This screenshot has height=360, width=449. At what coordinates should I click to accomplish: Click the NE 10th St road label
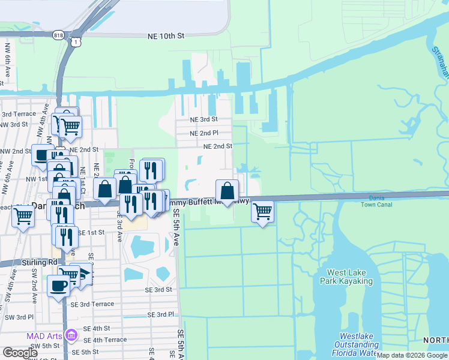tap(166, 37)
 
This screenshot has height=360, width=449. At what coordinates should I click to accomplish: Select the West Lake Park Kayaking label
tap(350, 277)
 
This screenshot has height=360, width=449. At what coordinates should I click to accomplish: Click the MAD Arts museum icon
tap(71, 334)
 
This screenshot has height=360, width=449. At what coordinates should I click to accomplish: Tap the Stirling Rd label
tap(41, 262)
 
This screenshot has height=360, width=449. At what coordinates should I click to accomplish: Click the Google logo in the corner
tap(20, 352)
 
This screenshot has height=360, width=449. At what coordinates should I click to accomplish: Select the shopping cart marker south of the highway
tap(262, 211)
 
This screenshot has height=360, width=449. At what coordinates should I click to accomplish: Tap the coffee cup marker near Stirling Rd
tap(58, 285)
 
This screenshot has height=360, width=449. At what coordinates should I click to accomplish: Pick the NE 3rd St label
tap(203, 119)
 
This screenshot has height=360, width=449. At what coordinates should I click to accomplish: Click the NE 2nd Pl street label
tap(203, 133)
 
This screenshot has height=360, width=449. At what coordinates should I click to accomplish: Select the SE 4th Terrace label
tap(105, 340)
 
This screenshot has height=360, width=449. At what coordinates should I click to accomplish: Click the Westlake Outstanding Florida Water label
tap(358, 344)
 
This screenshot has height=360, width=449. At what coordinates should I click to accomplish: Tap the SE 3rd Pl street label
tap(160, 314)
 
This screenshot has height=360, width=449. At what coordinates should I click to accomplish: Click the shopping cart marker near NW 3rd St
tap(70, 127)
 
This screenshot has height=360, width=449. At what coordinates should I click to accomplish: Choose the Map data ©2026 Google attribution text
tap(412, 356)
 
